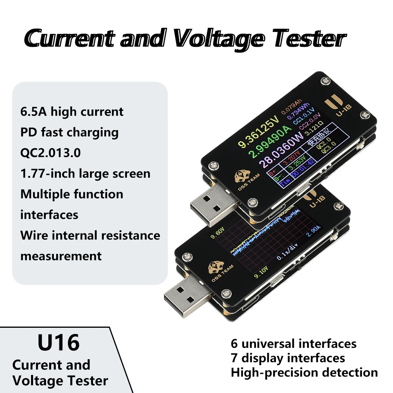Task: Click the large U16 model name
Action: [x=59, y=343]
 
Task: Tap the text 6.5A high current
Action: [x=72, y=112]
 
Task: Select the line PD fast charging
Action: [x=69, y=132]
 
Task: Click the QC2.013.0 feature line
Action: [x=50, y=152]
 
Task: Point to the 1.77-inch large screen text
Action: [x=85, y=173]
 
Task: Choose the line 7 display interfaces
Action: [x=288, y=358]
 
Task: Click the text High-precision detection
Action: [x=304, y=372]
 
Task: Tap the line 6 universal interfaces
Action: [x=294, y=344]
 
